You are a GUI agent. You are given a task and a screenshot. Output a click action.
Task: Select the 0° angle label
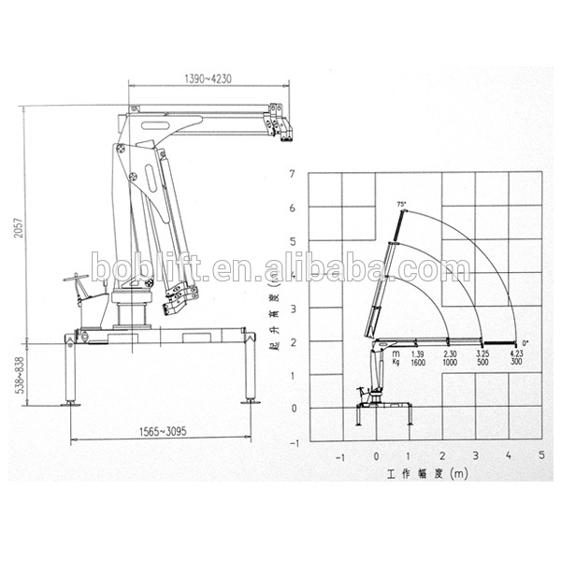(525, 343)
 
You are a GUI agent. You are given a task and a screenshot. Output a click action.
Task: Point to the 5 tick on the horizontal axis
(540, 456)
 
